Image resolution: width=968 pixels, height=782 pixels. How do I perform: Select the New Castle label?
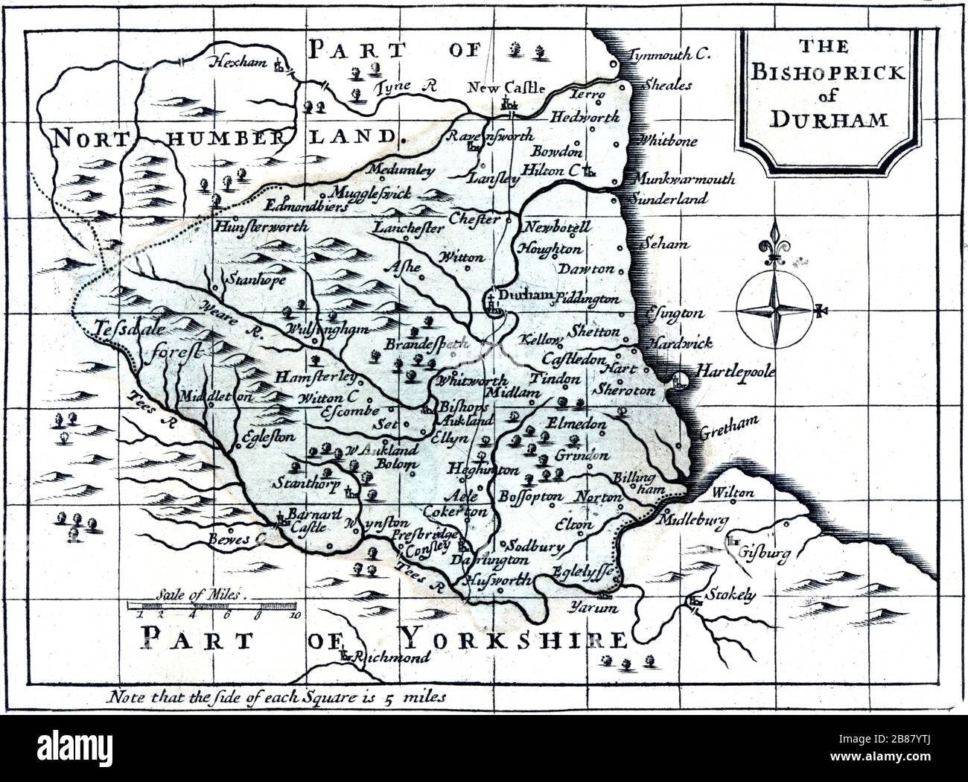click(x=506, y=87)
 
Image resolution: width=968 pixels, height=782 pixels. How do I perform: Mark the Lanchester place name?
click(x=408, y=228)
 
